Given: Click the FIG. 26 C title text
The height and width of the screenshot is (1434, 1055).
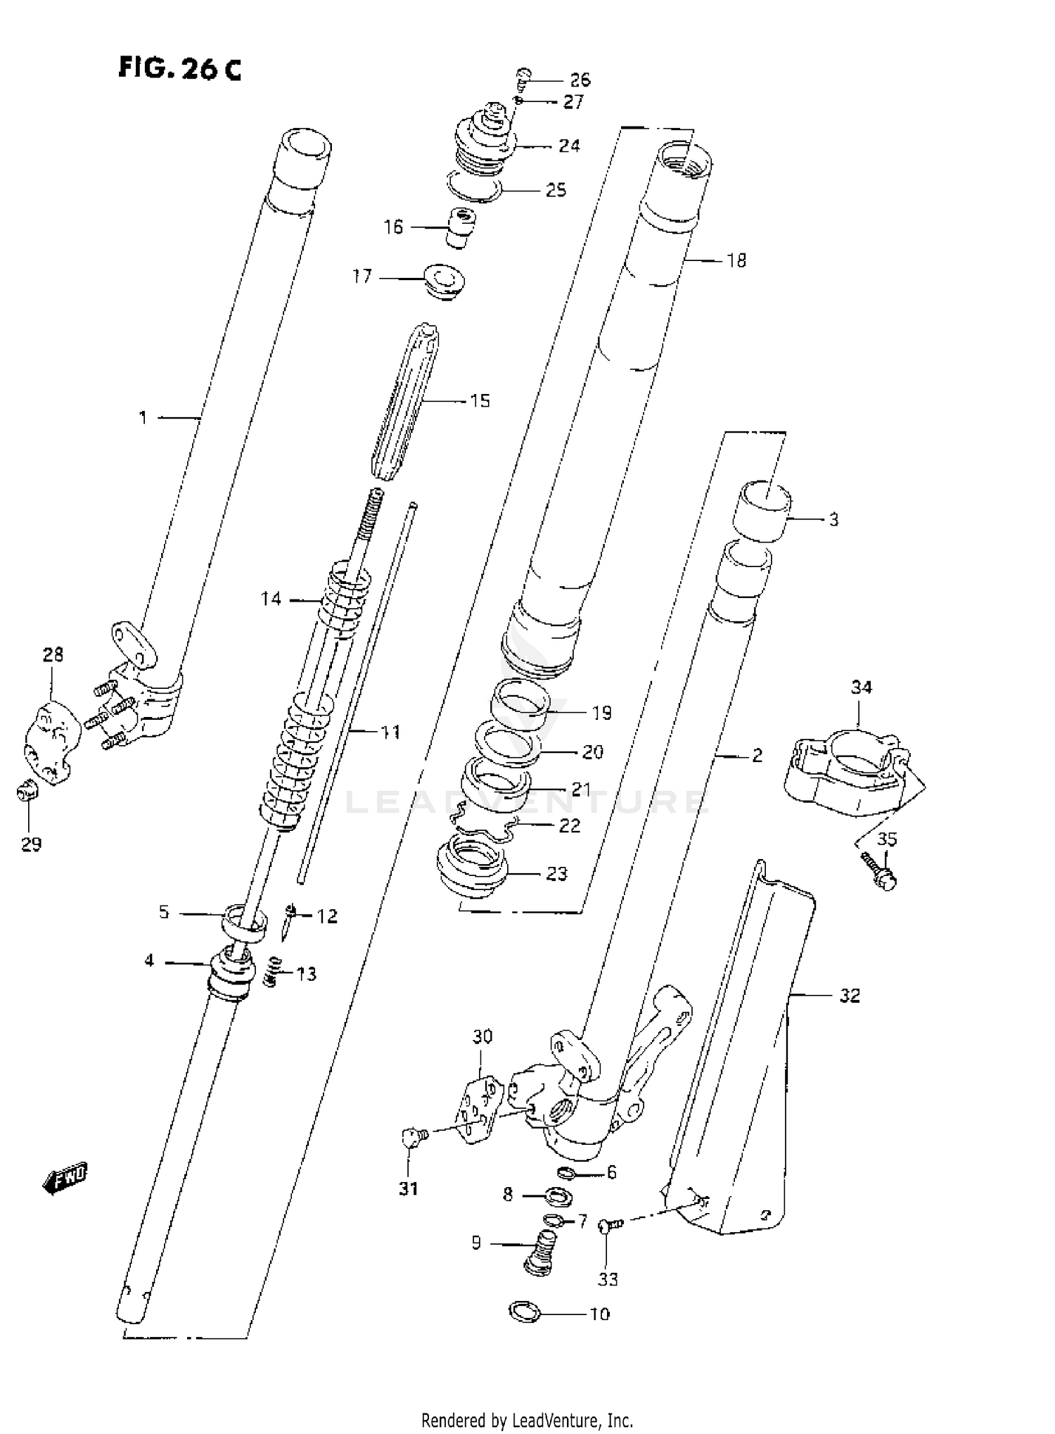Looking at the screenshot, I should [x=179, y=68].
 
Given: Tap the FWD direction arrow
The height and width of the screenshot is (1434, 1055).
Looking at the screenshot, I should [x=65, y=1176].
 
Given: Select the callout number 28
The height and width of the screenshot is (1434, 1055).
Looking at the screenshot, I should [x=53, y=654].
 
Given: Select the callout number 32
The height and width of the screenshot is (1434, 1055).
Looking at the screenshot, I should [x=850, y=996].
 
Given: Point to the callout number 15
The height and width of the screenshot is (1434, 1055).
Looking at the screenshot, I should [x=480, y=401].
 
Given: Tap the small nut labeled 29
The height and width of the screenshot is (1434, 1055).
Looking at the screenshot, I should [x=27, y=794].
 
